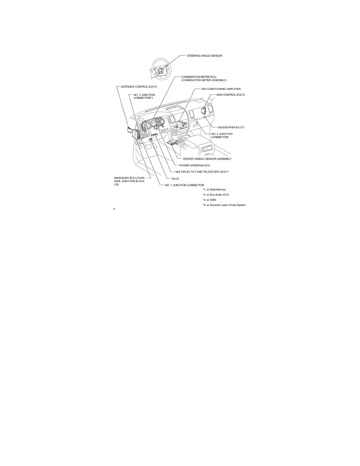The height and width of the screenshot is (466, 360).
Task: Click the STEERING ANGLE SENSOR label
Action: tap(204, 56)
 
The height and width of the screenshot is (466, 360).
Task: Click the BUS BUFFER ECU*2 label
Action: tap(231, 127)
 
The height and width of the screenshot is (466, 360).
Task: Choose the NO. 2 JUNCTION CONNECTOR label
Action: tap(222, 135)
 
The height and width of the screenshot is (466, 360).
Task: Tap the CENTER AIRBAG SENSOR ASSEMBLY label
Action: tap(207, 159)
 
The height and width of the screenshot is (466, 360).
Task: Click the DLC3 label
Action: tap(175, 178)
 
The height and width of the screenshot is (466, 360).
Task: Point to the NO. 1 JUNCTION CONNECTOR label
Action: tap(184, 185)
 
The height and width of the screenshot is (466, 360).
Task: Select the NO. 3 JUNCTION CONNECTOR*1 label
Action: tap(144, 96)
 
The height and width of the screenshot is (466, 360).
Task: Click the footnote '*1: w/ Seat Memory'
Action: tap(214, 189)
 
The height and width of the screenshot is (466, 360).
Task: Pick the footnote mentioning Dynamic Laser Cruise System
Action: tap(224, 205)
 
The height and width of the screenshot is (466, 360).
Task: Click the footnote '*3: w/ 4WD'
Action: tap(209, 200)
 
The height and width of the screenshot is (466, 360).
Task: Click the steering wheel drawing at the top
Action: tap(161, 69)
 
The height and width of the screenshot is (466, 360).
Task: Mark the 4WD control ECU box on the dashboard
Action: tap(204, 110)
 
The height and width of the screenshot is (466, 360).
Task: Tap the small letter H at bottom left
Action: tap(114, 209)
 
